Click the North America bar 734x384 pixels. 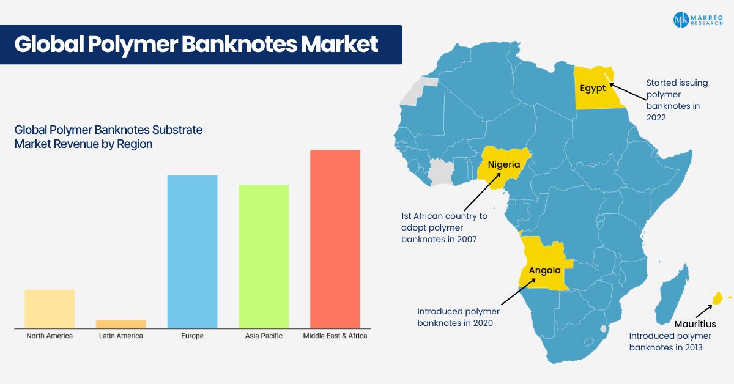point(50,309)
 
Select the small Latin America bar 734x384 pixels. point(121,324)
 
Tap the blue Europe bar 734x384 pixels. point(192,252)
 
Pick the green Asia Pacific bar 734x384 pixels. point(264,257)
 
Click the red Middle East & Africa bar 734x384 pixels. point(335,239)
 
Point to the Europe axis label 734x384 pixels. point(192,336)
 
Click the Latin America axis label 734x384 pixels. point(121,336)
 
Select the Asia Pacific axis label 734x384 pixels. point(264,336)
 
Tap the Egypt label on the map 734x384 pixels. point(593,89)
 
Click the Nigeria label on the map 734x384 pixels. point(504,164)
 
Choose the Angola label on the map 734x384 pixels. point(544,270)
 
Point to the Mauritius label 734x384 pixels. point(695,324)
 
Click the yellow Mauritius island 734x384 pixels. point(717,298)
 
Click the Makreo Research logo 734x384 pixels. point(698,20)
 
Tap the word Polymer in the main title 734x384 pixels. point(133,44)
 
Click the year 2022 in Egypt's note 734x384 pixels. point(656,117)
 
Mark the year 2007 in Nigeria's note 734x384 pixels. point(467,239)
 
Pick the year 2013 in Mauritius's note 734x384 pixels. point(692,347)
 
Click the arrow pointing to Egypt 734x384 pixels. point(628,92)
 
